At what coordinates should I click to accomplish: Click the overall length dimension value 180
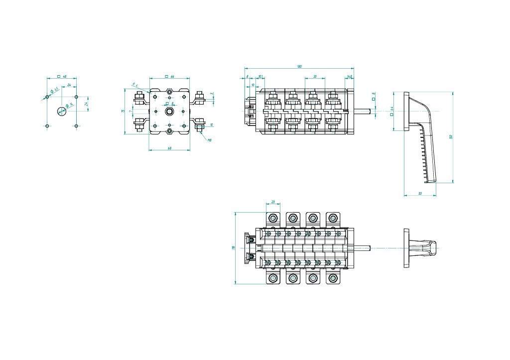299,66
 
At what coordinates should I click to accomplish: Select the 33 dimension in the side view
315,76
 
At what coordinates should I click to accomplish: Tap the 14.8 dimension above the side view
350,76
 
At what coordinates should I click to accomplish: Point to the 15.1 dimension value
260,76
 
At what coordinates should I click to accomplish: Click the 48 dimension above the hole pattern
65,77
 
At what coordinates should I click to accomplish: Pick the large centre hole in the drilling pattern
61,111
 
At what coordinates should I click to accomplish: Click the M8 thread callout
210,140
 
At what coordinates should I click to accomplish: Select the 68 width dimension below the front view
170,148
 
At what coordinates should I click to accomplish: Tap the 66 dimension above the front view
172,76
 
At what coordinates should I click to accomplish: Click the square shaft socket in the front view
170,111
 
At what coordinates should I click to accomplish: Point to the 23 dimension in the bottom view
273,202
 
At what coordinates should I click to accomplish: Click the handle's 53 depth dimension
420,193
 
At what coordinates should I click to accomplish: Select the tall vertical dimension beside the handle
450,137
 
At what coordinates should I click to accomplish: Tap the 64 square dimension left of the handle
391,111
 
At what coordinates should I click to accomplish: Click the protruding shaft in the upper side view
362,111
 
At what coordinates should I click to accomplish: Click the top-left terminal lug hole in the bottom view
273,218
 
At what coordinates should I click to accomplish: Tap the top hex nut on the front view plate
170,92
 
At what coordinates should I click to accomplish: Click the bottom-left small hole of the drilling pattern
47,126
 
